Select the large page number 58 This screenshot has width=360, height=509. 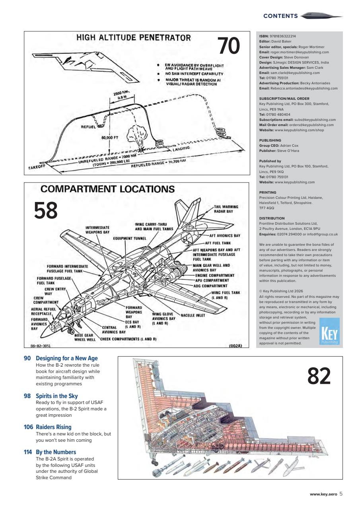point(46,211)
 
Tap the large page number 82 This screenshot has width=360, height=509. point(319,376)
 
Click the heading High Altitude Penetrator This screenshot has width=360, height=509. point(134,38)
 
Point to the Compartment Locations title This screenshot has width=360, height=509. point(107,189)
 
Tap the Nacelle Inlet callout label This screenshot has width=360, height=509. point(194,315)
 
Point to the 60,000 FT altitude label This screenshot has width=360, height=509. point(111,139)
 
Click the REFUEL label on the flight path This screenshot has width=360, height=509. point(88,128)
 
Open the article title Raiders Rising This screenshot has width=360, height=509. point(54,427)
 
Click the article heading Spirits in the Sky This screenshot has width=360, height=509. point(56,396)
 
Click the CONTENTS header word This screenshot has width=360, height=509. point(280,16)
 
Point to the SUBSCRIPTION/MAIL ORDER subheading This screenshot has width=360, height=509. point(284,99)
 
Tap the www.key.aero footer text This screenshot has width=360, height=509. point(323,494)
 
